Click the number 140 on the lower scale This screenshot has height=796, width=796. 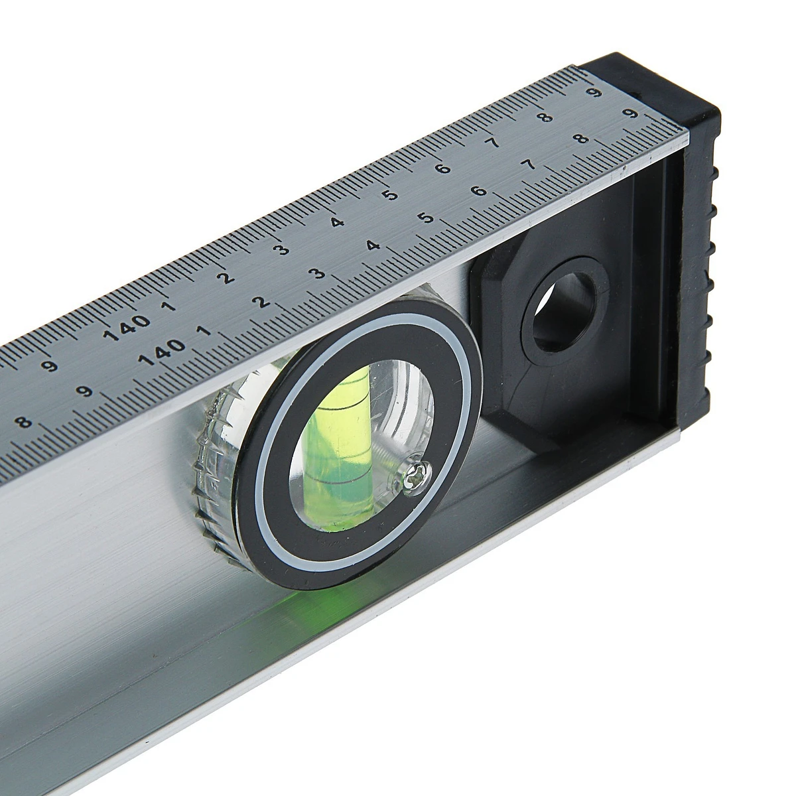point(161,354)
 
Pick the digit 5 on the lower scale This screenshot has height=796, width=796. point(428,217)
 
